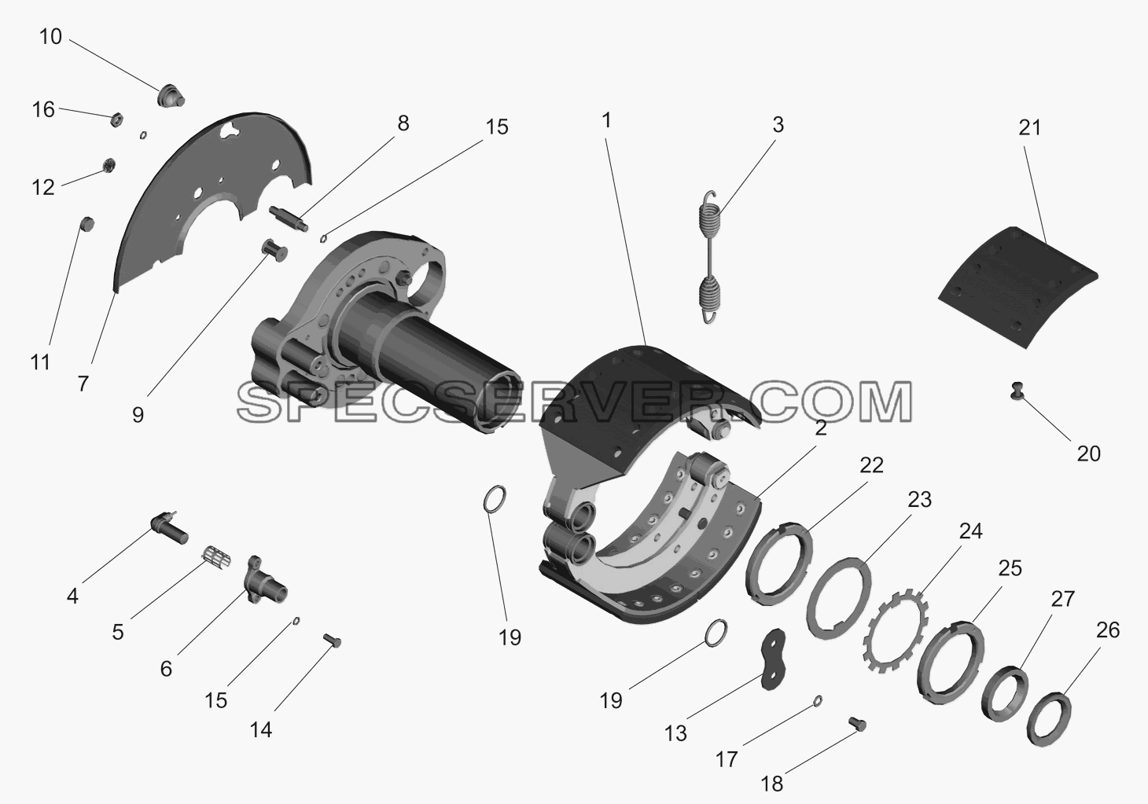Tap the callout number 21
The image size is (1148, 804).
[x=1029, y=127]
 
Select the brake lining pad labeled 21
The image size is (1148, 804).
[x=1017, y=288]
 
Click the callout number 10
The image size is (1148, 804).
[x=50, y=37]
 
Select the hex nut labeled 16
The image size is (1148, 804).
[x=116, y=120]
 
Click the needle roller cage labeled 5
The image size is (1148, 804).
[x=215, y=556]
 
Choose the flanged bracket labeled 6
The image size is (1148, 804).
[x=266, y=581]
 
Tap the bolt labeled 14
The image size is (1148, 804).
[x=332, y=640]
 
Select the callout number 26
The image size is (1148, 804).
[x=1108, y=630]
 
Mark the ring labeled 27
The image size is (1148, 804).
[x=1004, y=694]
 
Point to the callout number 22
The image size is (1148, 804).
[x=872, y=465]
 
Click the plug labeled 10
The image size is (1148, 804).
[x=170, y=97]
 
